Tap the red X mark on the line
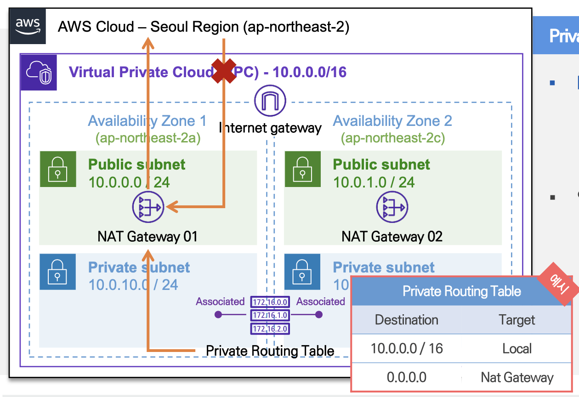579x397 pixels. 223,71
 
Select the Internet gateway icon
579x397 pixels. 270,101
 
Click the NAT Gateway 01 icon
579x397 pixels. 148,208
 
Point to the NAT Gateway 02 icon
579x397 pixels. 392,208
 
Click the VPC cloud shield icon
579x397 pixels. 38,72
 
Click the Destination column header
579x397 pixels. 406,320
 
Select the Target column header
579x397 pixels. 517,320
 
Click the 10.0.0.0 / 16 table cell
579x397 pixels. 406,348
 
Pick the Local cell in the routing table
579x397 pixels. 517,348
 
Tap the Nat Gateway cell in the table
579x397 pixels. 517,377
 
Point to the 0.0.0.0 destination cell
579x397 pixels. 406,377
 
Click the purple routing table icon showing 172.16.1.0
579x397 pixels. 270,315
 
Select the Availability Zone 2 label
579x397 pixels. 392,121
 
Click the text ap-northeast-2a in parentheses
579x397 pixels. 148,138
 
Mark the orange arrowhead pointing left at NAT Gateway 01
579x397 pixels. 171,208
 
